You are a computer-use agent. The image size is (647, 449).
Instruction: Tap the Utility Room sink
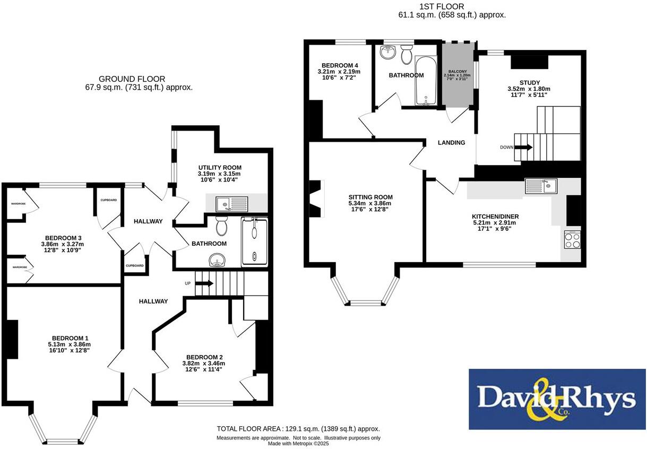232,203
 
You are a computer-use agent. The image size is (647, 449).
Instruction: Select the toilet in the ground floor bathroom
222,228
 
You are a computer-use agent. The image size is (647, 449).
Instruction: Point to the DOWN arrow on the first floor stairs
522,148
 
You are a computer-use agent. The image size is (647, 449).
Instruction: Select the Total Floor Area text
298,429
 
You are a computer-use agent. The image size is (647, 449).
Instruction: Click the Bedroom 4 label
339,65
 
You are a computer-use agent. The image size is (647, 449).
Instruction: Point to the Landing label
451,142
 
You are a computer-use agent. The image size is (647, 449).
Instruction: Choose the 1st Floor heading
442,6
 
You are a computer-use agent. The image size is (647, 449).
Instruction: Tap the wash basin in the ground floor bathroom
216,260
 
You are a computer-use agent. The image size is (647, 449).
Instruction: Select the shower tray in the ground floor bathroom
255,241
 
